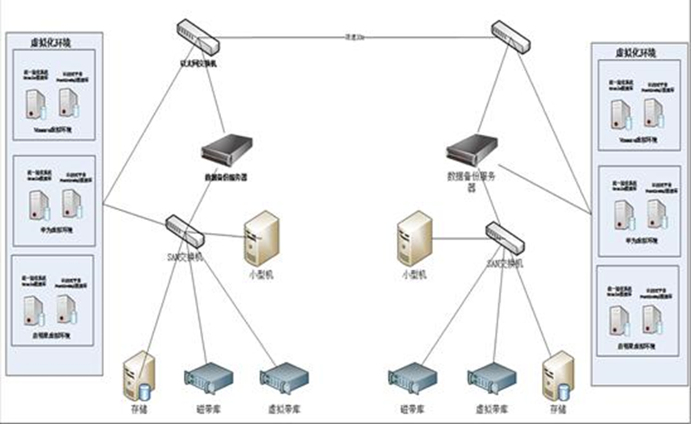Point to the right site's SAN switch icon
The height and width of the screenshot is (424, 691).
[505, 236]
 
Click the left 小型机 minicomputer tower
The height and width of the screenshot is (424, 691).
[261, 239]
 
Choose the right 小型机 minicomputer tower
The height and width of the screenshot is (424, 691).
[414, 239]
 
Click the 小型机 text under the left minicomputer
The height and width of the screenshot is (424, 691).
[260, 273]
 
